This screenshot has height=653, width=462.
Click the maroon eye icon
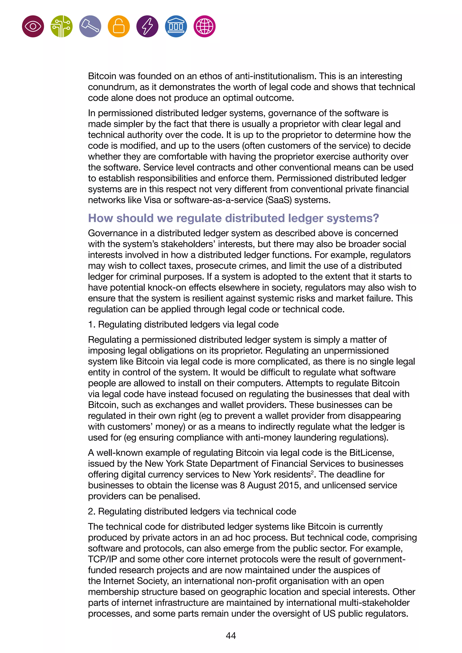(x=33, y=26)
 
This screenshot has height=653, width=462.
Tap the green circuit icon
(x=61, y=26)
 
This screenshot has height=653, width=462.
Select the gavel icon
(x=90, y=26)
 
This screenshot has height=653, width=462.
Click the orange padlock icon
(x=119, y=26)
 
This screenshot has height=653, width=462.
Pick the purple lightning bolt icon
(x=147, y=26)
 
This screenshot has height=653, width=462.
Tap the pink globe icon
(x=205, y=26)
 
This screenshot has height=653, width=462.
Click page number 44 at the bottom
(x=231, y=635)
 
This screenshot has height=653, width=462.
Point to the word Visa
(x=152, y=200)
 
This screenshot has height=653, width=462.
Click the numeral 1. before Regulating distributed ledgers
(x=91, y=324)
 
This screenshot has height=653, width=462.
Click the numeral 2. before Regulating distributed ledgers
(x=91, y=511)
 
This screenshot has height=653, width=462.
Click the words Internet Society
(x=136, y=581)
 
